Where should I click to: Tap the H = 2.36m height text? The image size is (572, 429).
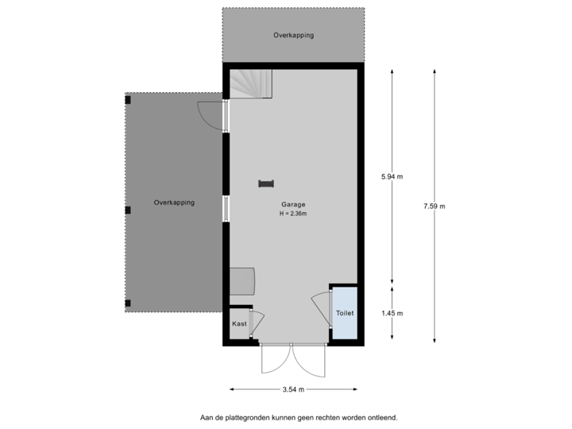point(292,214)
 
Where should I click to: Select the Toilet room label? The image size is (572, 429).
point(344,313)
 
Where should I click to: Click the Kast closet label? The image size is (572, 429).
point(238,323)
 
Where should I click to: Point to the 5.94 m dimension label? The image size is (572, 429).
point(392,176)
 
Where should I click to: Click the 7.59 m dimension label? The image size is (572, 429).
point(435,207)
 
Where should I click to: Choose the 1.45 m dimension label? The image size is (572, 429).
point(392,313)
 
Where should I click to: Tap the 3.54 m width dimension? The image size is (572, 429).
point(293,389)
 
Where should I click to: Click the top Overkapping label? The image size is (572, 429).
point(293,36)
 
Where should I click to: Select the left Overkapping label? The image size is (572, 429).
point(174,203)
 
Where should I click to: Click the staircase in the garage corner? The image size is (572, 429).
point(251,83)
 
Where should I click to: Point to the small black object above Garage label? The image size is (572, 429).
point(265,184)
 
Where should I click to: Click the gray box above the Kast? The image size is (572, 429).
point(242,281)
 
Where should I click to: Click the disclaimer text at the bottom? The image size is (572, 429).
point(298,416)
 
